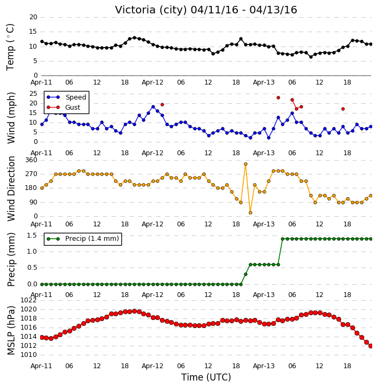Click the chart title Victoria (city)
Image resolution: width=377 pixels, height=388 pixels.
pos(151,10)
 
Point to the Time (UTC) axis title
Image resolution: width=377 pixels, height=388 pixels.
pos(206,377)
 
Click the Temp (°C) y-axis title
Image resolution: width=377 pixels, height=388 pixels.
pos(10,47)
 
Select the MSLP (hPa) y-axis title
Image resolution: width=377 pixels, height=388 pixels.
pos(11,330)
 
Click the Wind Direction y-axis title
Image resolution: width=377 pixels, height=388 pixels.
pos(11,188)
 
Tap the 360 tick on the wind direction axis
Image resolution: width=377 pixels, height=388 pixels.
pos(31,160)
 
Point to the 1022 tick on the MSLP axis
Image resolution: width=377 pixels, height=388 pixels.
pos(28,300)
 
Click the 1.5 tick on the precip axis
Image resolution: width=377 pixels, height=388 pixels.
pos(32,235)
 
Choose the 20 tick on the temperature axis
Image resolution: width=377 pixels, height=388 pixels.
pos(33,17)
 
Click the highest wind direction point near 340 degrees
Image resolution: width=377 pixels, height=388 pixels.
pos(245,164)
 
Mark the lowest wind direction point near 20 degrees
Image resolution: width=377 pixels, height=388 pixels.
pos(250,212)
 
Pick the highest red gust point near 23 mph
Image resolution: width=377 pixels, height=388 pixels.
pos(278,98)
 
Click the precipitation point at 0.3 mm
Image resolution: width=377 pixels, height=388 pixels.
pos(245,274)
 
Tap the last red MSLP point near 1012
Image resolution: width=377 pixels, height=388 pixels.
pos(371,346)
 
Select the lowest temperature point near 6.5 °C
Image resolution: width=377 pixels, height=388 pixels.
pos(311,57)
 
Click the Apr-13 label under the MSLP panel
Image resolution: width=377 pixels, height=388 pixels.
pos(264,366)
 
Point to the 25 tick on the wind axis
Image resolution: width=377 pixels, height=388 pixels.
pos(33,94)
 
